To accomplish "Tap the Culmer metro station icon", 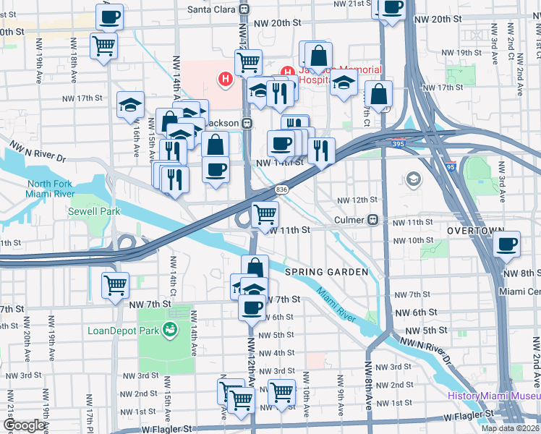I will pyautogui.click(x=374, y=220).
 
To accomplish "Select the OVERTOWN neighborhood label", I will pyautogui.click(x=474, y=230).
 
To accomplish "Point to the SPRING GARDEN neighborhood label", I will pyautogui.click(x=326, y=272).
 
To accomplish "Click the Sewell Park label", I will pyautogui.click(x=93, y=211).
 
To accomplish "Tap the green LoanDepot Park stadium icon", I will pyautogui.click(x=170, y=331).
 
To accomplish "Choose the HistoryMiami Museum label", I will pyautogui.click(x=493, y=395).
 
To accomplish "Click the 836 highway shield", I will pyautogui.click(x=282, y=190).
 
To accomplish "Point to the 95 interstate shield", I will pyautogui.click(x=450, y=166).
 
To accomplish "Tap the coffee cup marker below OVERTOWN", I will pyautogui.click(x=508, y=244).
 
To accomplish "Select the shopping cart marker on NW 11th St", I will pyautogui.click(x=265, y=214).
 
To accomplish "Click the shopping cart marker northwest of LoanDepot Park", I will pyautogui.click(x=116, y=284).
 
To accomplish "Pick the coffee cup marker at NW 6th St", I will pyautogui.click(x=252, y=307).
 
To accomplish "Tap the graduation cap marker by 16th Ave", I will pyautogui.click(x=131, y=105).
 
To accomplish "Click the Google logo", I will pyautogui.click(x=24, y=425).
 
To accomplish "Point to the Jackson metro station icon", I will pyautogui.click(x=247, y=123).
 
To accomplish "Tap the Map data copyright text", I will pyautogui.click(x=510, y=428).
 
